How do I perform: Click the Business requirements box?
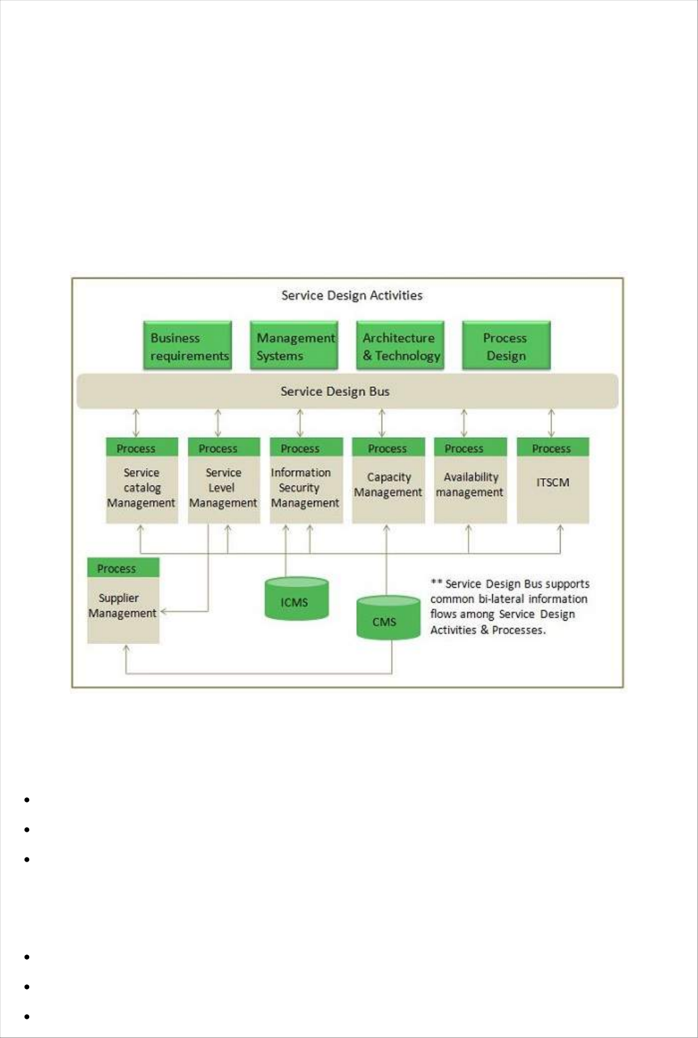click(188, 346)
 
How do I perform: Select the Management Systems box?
click(294, 346)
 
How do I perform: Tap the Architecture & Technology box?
click(400, 346)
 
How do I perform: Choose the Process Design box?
click(506, 346)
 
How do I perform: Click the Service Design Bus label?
click(335, 391)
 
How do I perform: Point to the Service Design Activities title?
click(352, 295)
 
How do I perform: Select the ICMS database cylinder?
click(296, 599)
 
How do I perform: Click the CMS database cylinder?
click(387, 618)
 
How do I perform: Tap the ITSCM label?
click(553, 482)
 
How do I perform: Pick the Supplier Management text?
click(123, 606)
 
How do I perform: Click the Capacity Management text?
click(388, 485)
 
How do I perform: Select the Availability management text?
click(470, 485)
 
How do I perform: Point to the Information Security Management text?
click(305, 487)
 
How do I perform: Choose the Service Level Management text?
click(223, 487)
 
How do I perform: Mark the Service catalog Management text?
click(141, 487)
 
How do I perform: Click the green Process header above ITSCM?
click(552, 448)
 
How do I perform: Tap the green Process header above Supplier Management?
click(117, 568)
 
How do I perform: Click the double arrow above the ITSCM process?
click(551, 422)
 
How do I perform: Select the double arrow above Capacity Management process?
click(382, 422)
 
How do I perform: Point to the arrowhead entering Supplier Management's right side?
click(164, 612)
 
